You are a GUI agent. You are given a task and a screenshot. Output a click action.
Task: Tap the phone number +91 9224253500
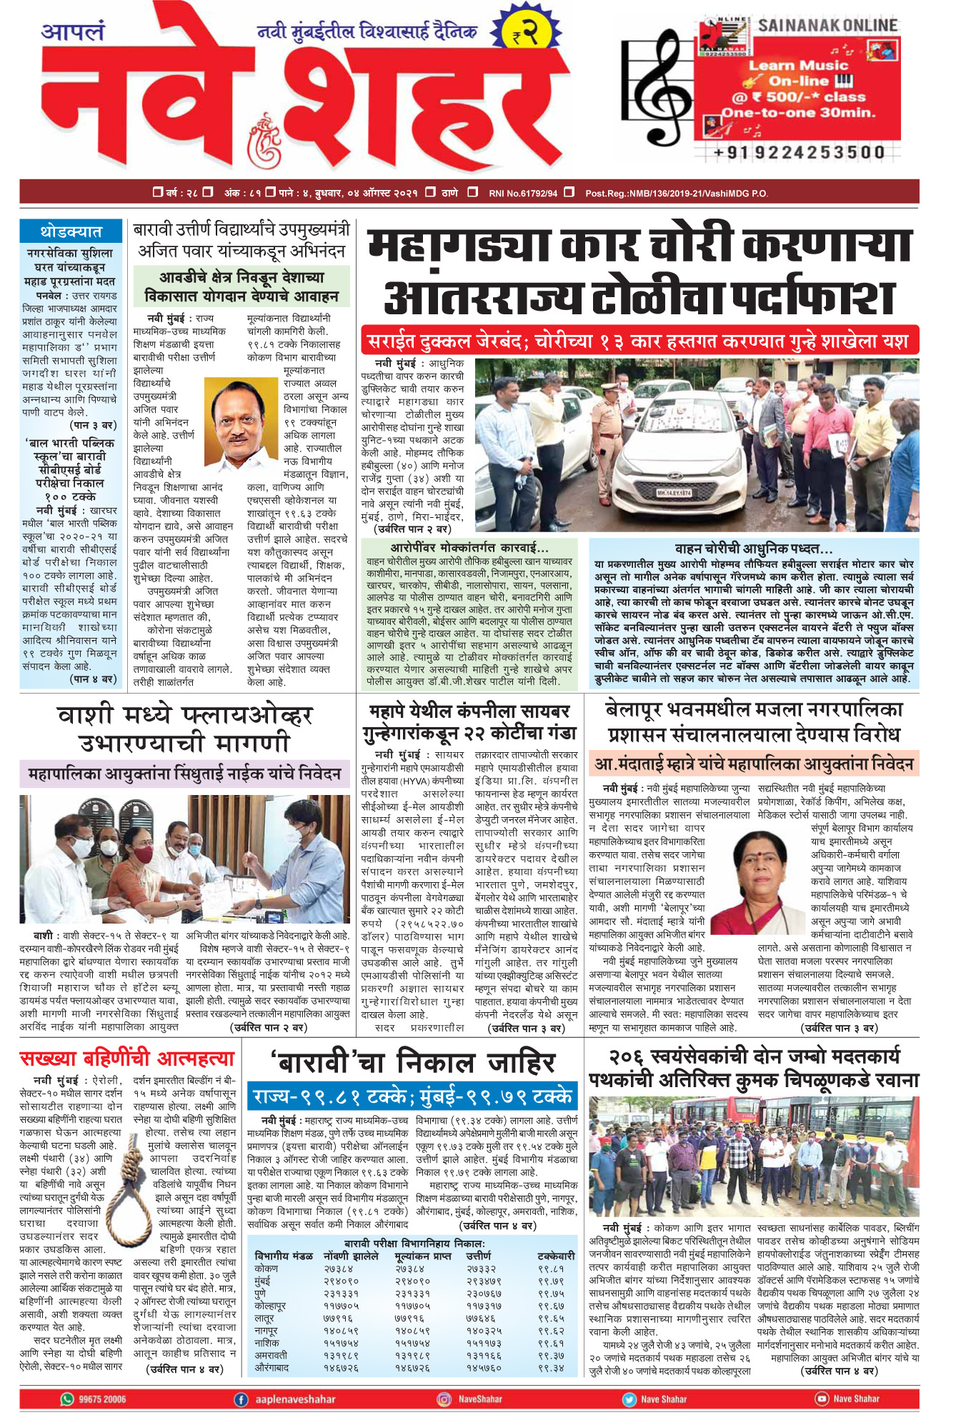pos(798,152)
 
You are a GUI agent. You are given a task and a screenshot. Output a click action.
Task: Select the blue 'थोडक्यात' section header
pos(70,231)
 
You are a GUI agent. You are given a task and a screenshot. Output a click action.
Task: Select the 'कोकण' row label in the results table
pos(267,1268)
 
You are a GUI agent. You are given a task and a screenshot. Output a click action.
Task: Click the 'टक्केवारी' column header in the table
pos(556,1256)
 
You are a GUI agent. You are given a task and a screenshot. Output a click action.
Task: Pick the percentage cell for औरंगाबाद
pos(550,1367)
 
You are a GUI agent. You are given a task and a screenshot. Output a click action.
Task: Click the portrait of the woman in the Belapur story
pos(771,881)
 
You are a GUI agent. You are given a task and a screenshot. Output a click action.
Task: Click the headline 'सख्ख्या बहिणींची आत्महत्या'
pos(127,1059)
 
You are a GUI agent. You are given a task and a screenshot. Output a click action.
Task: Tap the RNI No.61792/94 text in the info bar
pos(522,193)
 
